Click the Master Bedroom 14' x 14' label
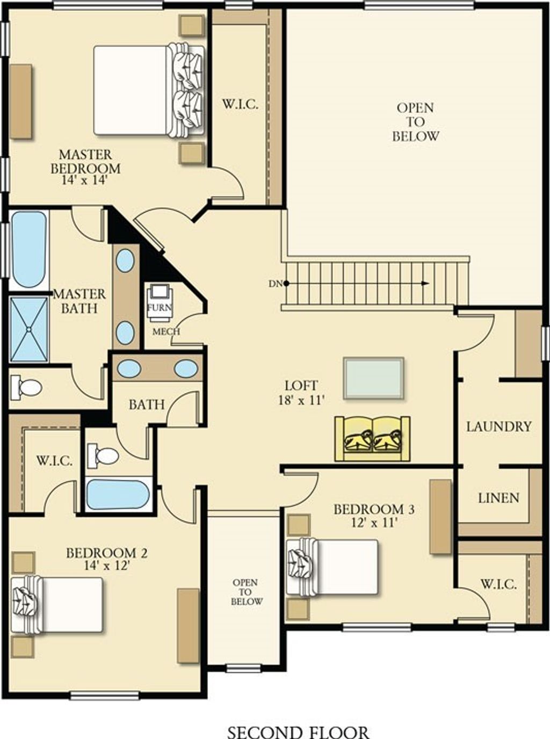pyautogui.click(x=85, y=166)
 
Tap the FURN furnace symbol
pyautogui.click(x=160, y=303)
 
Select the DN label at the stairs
pyautogui.click(x=274, y=284)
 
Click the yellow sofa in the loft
pyautogui.click(x=373, y=438)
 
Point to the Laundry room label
pyautogui.click(x=498, y=426)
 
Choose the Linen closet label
pyautogui.click(x=498, y=498)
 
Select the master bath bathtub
pyautogui.click(x=28, y=249)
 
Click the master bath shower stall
pyautogui.click(x=29, y=329)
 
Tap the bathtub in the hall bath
pyautogui.click(x=118, y=495)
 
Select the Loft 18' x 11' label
pyautogui.click(x=301, y=393)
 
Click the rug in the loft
pyautogui.click(x=374, y=378)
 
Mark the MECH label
pyautogui.click(x=167, y=331)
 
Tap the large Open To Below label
pyautogui.click(x=415, y=122)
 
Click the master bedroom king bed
pyautogui.click(x=149, y=90)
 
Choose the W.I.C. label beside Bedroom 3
pyautogui.click(x=498, y=584)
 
